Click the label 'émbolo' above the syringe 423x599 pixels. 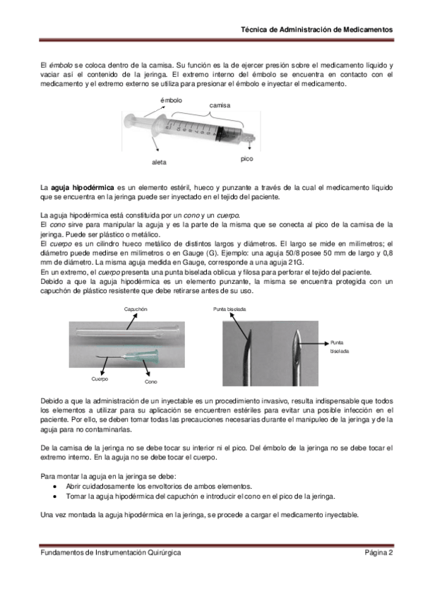(171, 100)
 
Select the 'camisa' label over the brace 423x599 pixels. (220, 105)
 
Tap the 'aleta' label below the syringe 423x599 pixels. (159, 162)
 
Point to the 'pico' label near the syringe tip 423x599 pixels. (246, 159)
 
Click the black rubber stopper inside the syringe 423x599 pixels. (220, 134)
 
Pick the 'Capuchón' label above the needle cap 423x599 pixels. (136, 309)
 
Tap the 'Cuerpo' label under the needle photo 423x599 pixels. (100, 379)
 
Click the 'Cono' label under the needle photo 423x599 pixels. (151, 381)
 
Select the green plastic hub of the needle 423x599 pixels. (142, 357)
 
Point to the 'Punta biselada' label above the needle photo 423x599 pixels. (230, 309)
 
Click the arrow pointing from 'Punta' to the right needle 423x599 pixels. (314, 343)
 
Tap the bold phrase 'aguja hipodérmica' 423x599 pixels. (83, 188)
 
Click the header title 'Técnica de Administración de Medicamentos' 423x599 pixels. (317, 30)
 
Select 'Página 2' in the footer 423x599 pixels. (379, 552)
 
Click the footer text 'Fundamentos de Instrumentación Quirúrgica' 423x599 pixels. (111, 552)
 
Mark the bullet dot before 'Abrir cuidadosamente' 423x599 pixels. (55, 487)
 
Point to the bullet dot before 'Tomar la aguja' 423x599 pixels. (55, 497)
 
